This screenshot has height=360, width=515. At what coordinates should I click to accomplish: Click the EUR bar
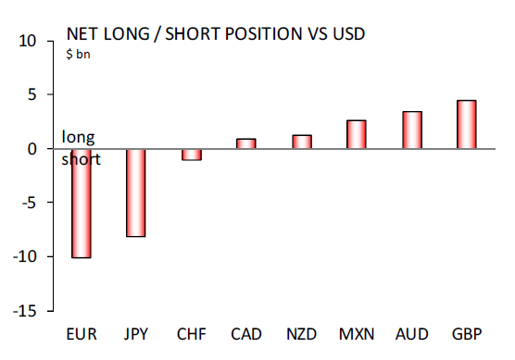(82, 203)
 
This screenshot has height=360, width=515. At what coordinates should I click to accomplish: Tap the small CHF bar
(192, 155)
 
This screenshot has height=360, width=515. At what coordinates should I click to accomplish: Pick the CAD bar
(246, 143)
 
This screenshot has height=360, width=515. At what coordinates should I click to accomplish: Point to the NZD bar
(302, 142)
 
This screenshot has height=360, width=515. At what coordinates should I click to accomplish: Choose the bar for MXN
(357, 134)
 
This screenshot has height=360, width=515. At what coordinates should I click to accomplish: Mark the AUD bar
(411, 130)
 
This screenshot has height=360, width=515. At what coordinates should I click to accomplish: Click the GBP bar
(467, 124)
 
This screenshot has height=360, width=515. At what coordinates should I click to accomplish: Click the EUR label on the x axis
(82, 334)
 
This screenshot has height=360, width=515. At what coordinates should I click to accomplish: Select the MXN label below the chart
(357, 334)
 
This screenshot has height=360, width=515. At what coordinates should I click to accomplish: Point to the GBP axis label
(467, 334)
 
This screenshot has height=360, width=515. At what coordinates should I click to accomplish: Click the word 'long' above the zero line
(78, 138)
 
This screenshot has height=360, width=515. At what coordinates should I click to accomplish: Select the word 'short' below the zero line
(81, 159)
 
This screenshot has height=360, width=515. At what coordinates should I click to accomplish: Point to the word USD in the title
(345, 35)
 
